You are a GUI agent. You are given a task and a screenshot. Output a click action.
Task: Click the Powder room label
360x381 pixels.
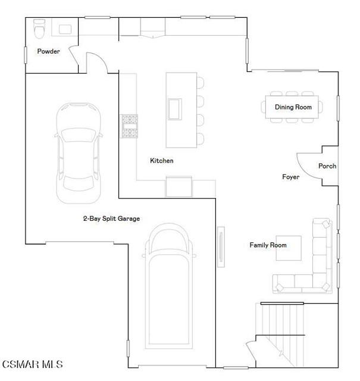click(48, 51)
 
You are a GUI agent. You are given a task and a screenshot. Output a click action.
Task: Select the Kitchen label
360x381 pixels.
click(161, 161)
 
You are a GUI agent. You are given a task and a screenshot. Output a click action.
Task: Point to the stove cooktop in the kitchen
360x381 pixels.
click(129, 125)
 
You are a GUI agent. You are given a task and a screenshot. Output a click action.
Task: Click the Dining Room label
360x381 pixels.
click(293, 107)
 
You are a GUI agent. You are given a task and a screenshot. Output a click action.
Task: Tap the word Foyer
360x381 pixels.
click(290, 177)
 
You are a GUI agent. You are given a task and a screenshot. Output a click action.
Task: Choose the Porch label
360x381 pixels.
click(327, 166)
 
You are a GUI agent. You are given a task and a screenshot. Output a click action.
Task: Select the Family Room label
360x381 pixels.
click(268, 245)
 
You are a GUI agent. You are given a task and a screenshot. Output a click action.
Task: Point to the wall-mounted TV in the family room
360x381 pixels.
click(221, 245)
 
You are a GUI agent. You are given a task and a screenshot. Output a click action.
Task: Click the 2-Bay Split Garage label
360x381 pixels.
click(111, 218)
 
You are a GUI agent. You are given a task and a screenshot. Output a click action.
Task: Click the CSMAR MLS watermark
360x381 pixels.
click(32, 364)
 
